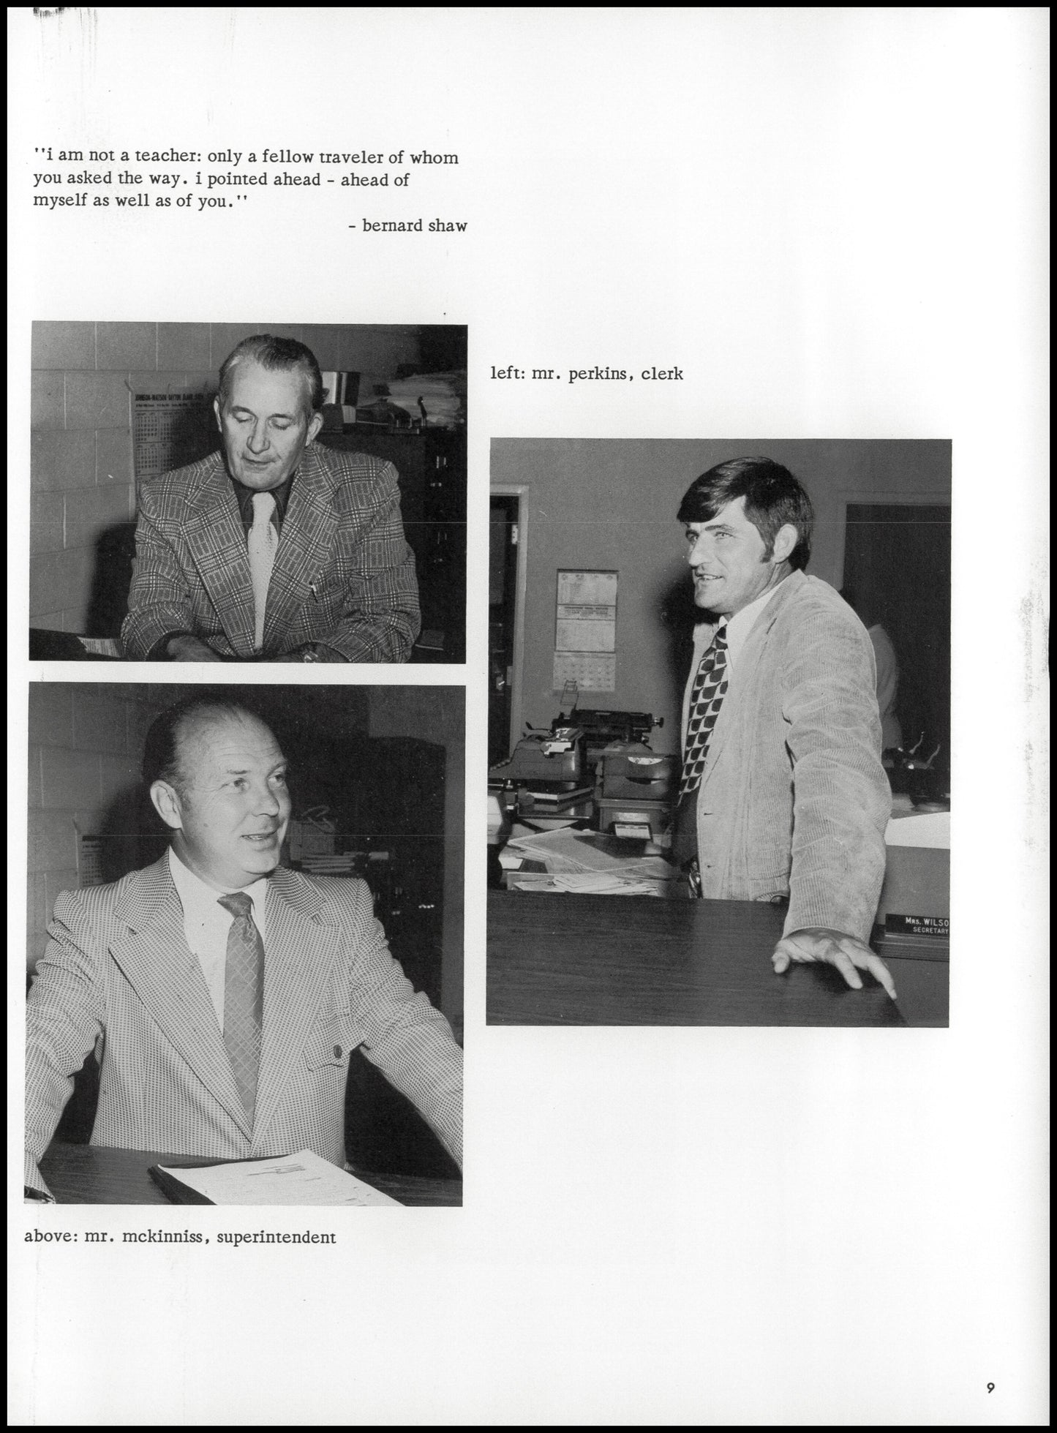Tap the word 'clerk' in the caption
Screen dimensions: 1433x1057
coord(661,374)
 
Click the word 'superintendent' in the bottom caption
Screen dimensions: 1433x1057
coord(276,1237)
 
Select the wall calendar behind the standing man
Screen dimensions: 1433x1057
coord(587,629)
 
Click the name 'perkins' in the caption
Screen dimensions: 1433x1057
coord(595,374)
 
